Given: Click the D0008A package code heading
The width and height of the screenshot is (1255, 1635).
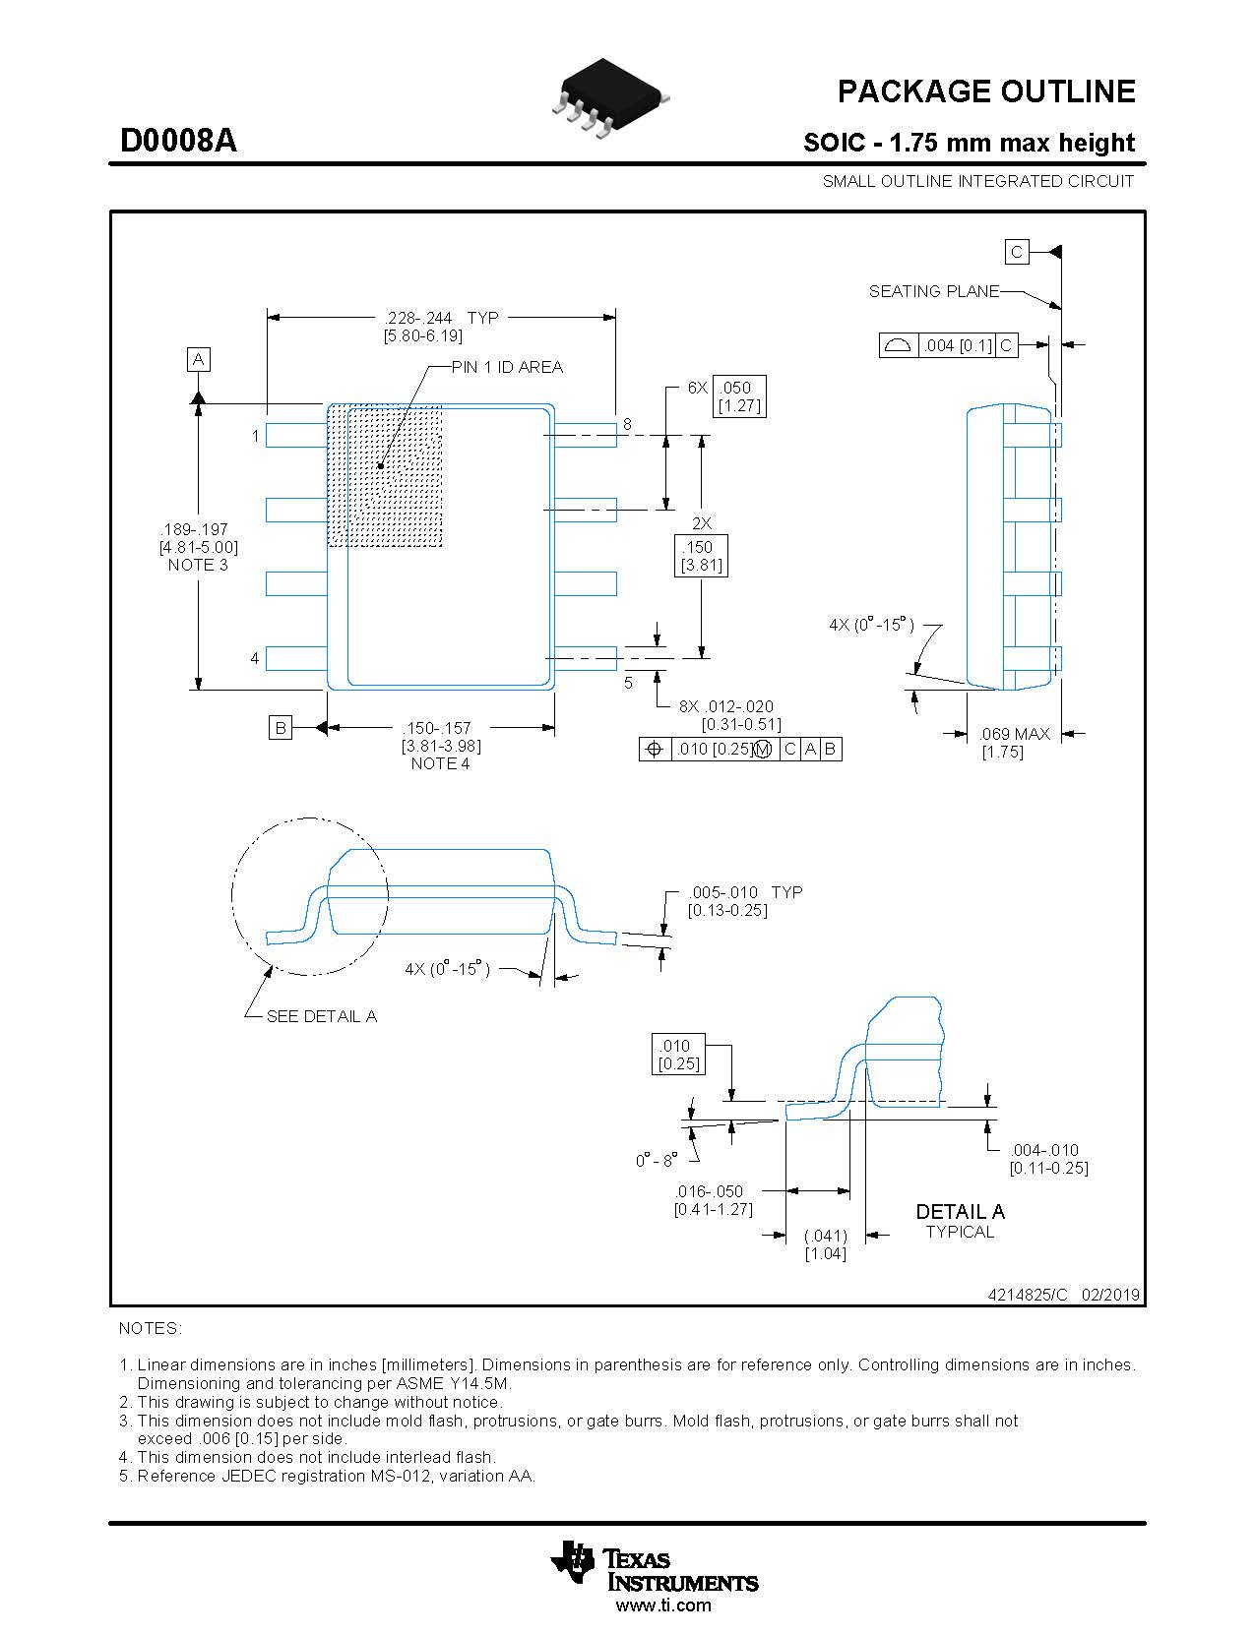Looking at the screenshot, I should [x=178, y=142].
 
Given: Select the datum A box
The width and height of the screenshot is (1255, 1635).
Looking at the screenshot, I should [x=199, y=359].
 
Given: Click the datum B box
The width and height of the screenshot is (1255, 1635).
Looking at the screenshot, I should [x=281, y=728].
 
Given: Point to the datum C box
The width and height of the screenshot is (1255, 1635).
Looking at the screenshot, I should [x=1017, y=252].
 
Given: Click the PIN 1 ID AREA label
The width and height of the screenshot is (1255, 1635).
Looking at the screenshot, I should [x=507, y=367].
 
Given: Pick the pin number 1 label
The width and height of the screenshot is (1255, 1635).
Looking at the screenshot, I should [x=255, y=435].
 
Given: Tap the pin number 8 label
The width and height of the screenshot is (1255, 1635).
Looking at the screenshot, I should [x=627, y=424].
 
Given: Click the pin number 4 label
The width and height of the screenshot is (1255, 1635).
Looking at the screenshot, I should [x=255, y=657].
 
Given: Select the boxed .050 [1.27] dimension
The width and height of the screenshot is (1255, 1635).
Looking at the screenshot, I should [x=738, y=395].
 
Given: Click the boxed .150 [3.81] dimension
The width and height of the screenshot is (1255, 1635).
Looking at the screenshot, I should [x=701, y=556].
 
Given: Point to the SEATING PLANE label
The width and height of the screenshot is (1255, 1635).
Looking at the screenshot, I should [x=933, y=291].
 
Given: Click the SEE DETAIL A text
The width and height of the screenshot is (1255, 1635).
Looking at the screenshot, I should [x=322, y=1016].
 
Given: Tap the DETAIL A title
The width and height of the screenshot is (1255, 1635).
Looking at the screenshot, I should [x=960, y=1211].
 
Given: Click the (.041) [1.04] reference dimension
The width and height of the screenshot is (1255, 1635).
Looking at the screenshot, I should [x=825, y=1244].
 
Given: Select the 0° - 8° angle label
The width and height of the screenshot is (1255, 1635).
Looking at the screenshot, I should [x=657, y=1161].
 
